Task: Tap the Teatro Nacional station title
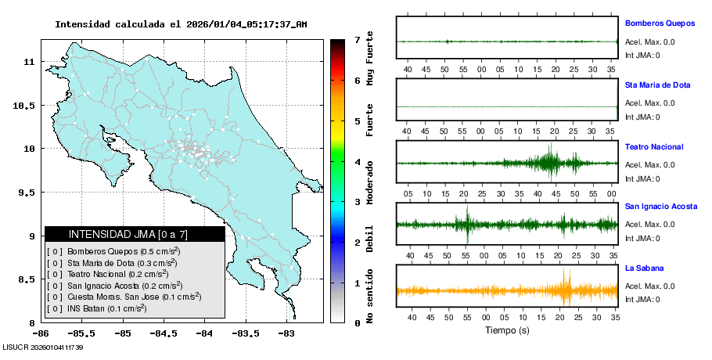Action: coord(654,147)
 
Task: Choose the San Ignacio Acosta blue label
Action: coord(660,207)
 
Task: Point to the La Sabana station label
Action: coord(643,268)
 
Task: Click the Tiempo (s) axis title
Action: coord(506,330)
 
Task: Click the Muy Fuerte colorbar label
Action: coord(369,57)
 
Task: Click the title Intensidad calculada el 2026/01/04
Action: coord(181,24)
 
